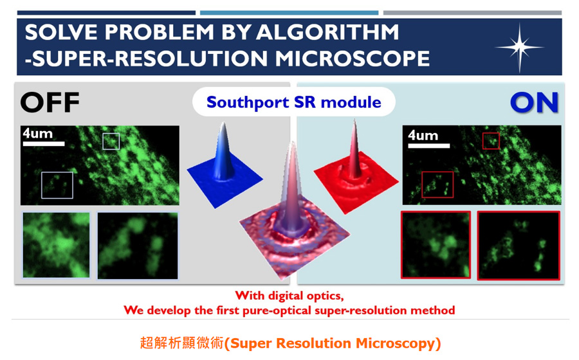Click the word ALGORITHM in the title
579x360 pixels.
pos(327,32)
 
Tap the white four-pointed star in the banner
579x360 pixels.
pos(520,47)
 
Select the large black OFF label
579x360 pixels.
pos(50,103)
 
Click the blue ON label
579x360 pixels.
pos(534,103)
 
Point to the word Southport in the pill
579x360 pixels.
pos(248,103)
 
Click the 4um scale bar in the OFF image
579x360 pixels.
pos(44,143)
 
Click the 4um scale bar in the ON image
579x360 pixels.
pos(428,146)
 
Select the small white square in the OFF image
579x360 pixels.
pos(111,141)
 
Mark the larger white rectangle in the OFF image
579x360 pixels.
pos(57,185)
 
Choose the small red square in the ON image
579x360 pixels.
pos(491,141)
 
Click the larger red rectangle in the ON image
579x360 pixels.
pos(437,184)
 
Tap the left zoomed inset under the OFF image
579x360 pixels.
pos(56,245)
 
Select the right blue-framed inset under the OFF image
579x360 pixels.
pos(138,246)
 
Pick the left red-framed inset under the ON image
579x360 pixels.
pos(436,244)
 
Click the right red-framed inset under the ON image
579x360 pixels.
pos(519,246)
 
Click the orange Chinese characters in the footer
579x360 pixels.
pos(182,343)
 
